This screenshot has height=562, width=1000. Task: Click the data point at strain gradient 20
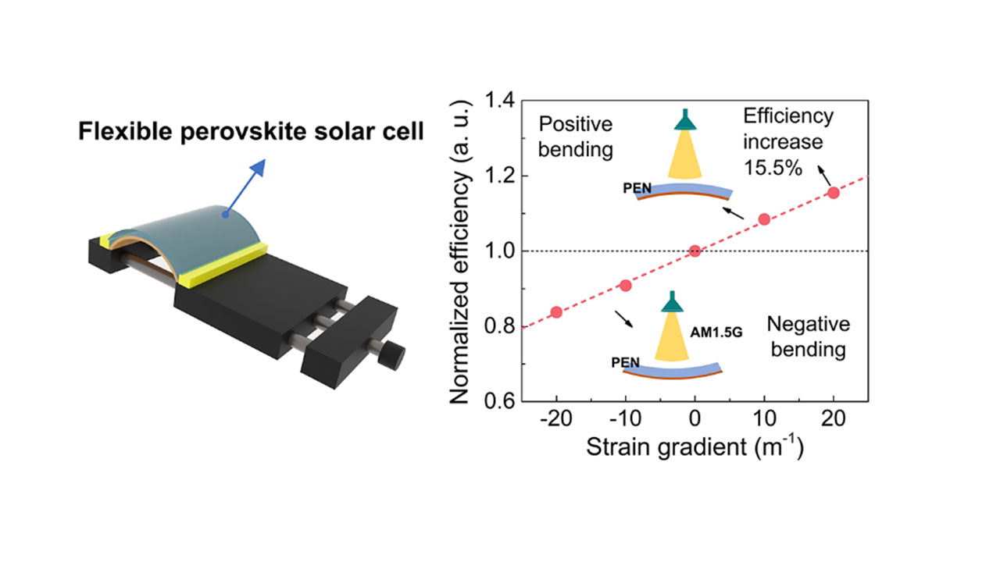pyautogui.click(x=833, y=193)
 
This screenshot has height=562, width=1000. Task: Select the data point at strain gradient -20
pyautogui.click(x=556, y=311)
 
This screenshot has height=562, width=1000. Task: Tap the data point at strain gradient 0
pyautogui.click(x=695, y=251)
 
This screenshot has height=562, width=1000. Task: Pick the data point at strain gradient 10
pyautogui.click(x=764, y=219)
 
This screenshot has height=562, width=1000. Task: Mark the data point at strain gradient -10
pyautogui.click(x=626, y=286)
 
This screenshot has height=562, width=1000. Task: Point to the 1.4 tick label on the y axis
pyautogui.click(x=499, y=101)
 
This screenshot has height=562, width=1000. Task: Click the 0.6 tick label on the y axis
pyautogui.click(x=499, y=400)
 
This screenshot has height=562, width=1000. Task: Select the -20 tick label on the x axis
pyautogui.click(x=555, y=419)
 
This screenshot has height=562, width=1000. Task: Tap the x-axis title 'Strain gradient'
pyautogui.click(x=666, y=447)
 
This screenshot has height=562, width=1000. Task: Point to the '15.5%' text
pyautogui.click(x=773, y=168)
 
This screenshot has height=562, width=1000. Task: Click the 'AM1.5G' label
pyautogui.click(x=716, y=333)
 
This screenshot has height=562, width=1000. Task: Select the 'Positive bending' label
pyautogui.click(x=576, y=137)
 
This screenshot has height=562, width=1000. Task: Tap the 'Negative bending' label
pyautogui.click(x=809, y=336)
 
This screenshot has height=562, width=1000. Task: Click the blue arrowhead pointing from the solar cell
pyautogui.click(x=259, y=167)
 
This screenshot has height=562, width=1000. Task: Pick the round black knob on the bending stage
pyautogui.click(x=392, y=355)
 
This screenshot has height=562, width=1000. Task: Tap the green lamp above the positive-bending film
pyautogui.click(x=685, y=119)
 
